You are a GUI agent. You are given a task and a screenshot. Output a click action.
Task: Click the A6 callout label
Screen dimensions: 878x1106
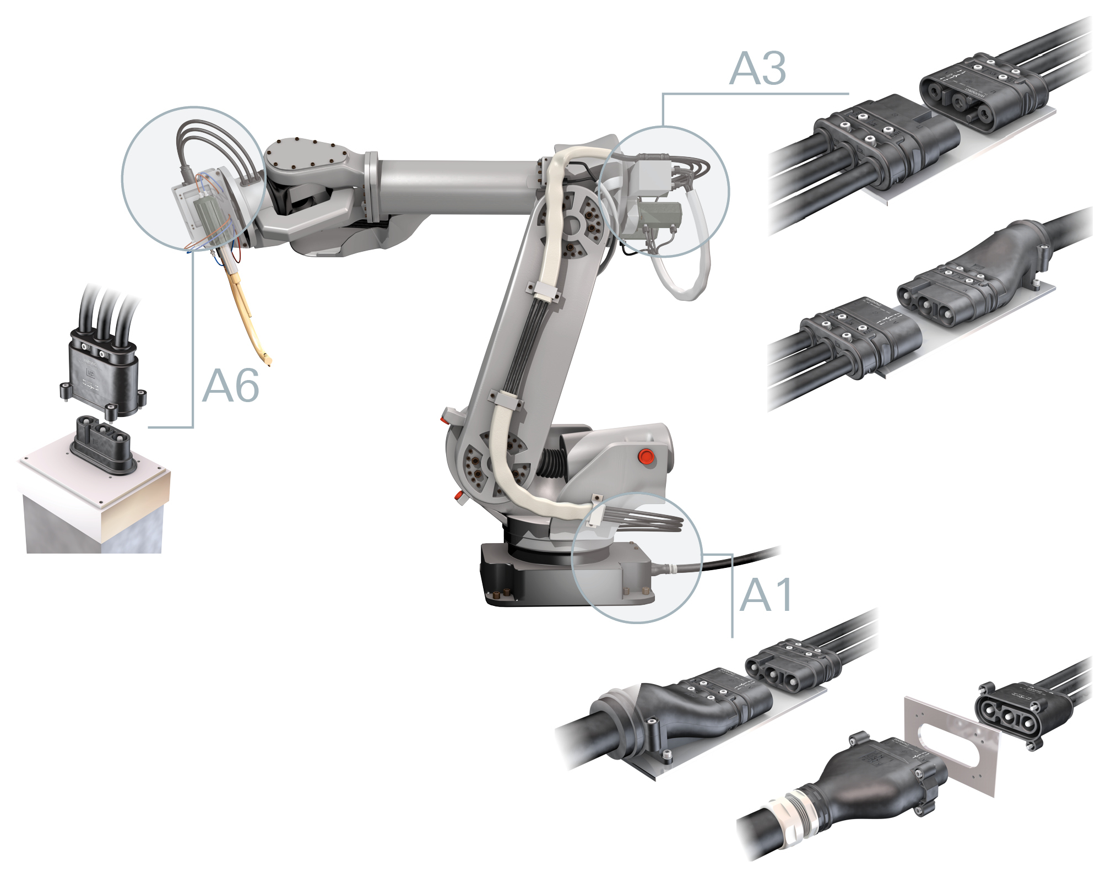230,386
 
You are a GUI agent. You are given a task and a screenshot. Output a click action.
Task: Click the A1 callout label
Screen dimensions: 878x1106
766,595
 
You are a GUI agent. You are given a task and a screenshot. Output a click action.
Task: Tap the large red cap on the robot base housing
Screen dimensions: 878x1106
645,456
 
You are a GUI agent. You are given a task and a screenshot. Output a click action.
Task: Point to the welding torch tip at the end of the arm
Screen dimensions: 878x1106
268,361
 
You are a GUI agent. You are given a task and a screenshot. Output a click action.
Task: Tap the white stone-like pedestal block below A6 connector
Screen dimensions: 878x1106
94,507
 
